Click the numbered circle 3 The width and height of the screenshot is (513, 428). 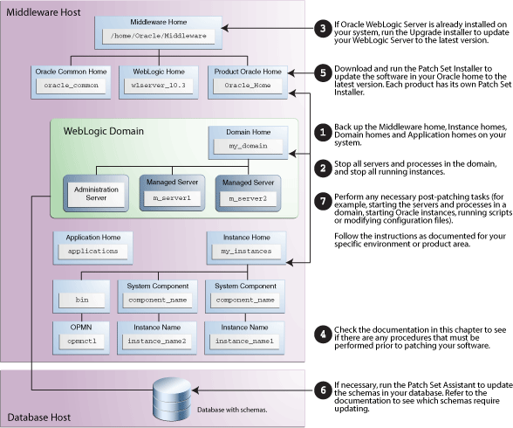(x=323, y=29)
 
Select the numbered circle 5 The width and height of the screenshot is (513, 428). (x=323, y=72)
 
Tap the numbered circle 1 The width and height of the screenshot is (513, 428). (x=323, y=133)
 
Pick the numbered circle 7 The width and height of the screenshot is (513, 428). (x=323, y=201)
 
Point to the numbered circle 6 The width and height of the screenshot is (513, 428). (x=323, y=390)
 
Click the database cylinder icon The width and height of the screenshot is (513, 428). (x=172, y=398)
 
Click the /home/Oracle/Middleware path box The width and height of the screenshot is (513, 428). (x=159, y=36)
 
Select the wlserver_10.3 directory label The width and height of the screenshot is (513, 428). (x=159, y=86)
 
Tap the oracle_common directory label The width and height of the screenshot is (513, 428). (x=71, y=86)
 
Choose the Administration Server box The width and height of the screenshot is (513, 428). (x=96, y=194)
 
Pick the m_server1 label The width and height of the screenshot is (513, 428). (x=172, y=198)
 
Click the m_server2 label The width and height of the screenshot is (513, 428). (x=248, y=199)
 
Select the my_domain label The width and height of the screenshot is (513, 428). (x=248, y=146)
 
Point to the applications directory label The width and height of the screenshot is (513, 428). (x=92, y=252)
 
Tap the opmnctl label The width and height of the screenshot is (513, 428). (x=82, y=342)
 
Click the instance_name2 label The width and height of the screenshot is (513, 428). (x=157, y=342)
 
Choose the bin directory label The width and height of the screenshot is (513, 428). (x=82, y=300)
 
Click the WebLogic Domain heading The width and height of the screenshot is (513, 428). (x=104, y=131)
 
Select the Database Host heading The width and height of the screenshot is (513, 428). (x=39, y=418)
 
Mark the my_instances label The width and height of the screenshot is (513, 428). (x=246, y=252)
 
